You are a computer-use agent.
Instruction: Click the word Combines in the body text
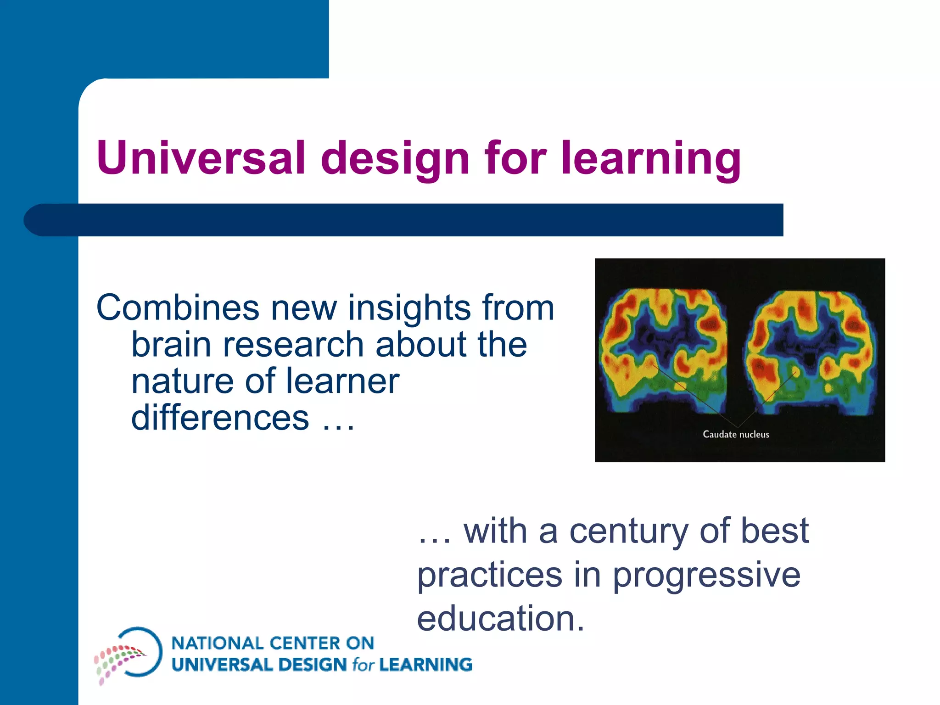click(178, 308)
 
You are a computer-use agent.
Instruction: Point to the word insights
click(409, 308)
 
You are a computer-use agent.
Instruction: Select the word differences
click(220, 418)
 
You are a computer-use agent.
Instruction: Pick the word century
click(629, 531)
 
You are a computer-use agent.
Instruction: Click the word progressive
click(706, 575)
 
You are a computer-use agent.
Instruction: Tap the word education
click(500, 618)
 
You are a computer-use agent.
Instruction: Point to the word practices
click(489, 575)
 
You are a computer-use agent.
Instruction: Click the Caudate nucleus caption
click(736, 434)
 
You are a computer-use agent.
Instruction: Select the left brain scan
click(663, 349)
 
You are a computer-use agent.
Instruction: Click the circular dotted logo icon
click(129, 654)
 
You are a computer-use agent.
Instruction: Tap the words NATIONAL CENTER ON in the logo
click(273, 643)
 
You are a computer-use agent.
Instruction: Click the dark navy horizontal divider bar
click(404, 220)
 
